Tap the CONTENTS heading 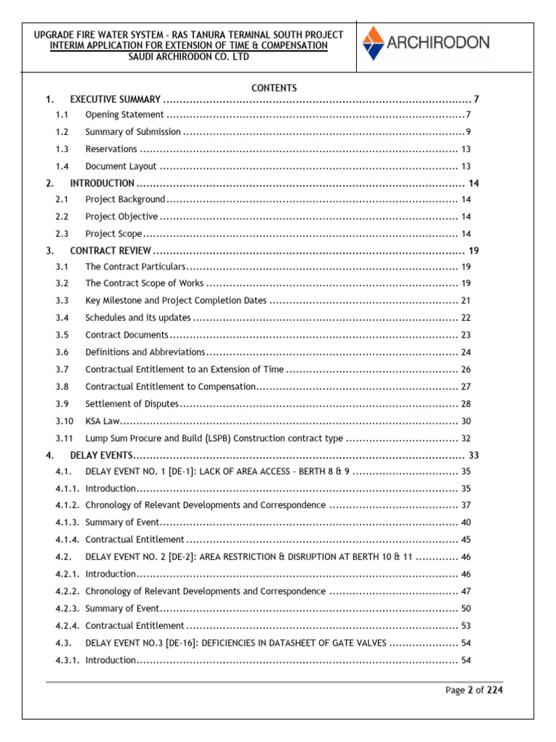pyautogui.click(x=274, y=88)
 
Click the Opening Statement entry pyautogui.click(x=125, y=115)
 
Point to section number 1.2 pyautogui.click(x=62, y=132)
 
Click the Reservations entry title pyautogui.click(x=111, y=149)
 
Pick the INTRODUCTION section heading pyautogui.click(x=102, y=183)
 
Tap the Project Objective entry pyautogui.click(x=121, y=217)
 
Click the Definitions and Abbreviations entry pyautogui.click(x=145, y=352)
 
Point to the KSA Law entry pyautogui.click(x=101, y=421)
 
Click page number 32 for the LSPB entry pyautogui.click(x=466, y=438)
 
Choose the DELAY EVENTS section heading pyautogui.click(x=101, y=455)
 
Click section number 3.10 pyautogui.click(x=64, y=421)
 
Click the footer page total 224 pyautogui.click(x=494, y=690)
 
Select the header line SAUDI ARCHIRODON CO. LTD pyautogui.click(x=188, y=57)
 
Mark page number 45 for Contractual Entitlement pyautogui.click(x=466, y=539)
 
